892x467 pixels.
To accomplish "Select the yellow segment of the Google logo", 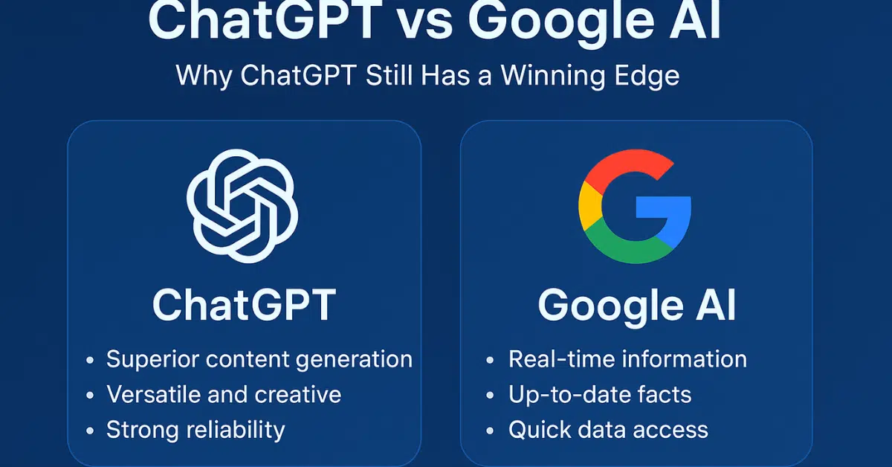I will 589,209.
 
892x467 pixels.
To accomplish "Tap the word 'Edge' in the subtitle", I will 647,76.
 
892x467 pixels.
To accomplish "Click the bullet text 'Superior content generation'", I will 259,360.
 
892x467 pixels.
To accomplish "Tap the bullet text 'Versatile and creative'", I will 224,395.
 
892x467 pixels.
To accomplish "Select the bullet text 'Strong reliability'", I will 195,429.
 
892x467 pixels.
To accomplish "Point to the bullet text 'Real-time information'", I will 627,360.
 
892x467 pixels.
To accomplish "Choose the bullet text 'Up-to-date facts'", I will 600,395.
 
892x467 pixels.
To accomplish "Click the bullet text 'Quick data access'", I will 608,429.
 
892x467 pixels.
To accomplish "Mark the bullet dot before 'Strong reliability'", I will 90,431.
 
